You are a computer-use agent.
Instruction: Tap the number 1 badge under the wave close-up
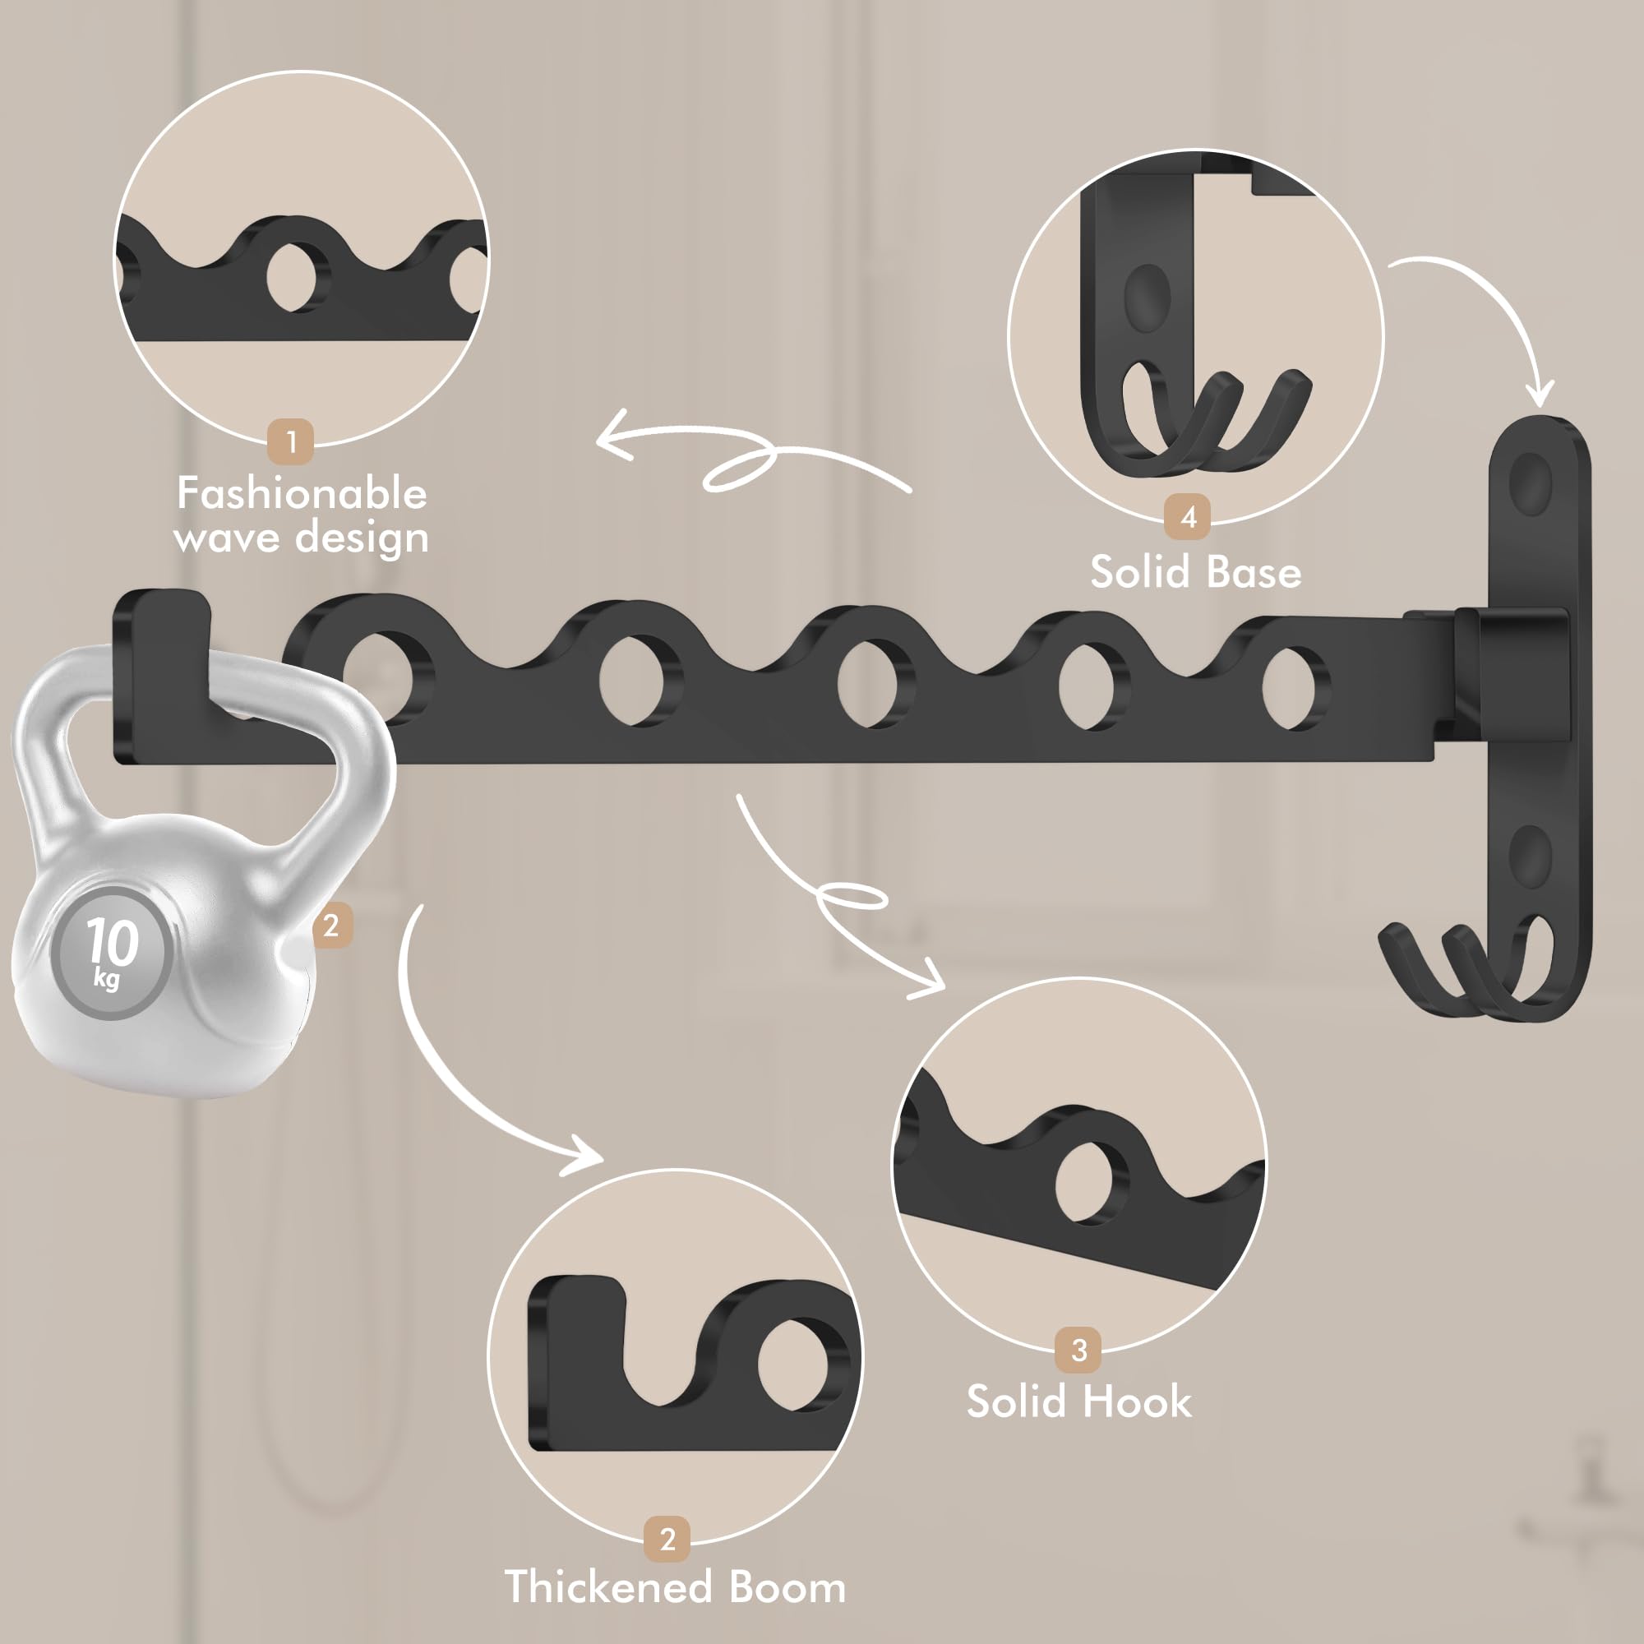pyautogui.click(x=291, y=441)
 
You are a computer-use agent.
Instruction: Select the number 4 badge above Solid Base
pyautogui.click(x=1189, y=516)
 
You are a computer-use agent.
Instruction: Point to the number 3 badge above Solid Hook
pyautogui.click(x=1079, y=1350)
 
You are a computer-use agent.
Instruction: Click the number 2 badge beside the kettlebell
pyautogui.click(x=331, y=925)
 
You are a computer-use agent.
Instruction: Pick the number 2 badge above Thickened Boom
pyautogui.click(x=667, y=1539)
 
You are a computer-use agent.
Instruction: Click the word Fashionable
pyautogui.click(x=301, y=493)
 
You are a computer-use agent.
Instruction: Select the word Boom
pyautogui.click(x=787, y=1588)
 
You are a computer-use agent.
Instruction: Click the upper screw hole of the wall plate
pyautogui.click(x=1530, y=483)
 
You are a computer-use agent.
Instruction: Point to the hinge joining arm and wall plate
pyautogui.click(x=1498, y=672)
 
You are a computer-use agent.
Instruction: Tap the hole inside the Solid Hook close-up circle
pyautogui.click(x=1090, y=1182)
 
